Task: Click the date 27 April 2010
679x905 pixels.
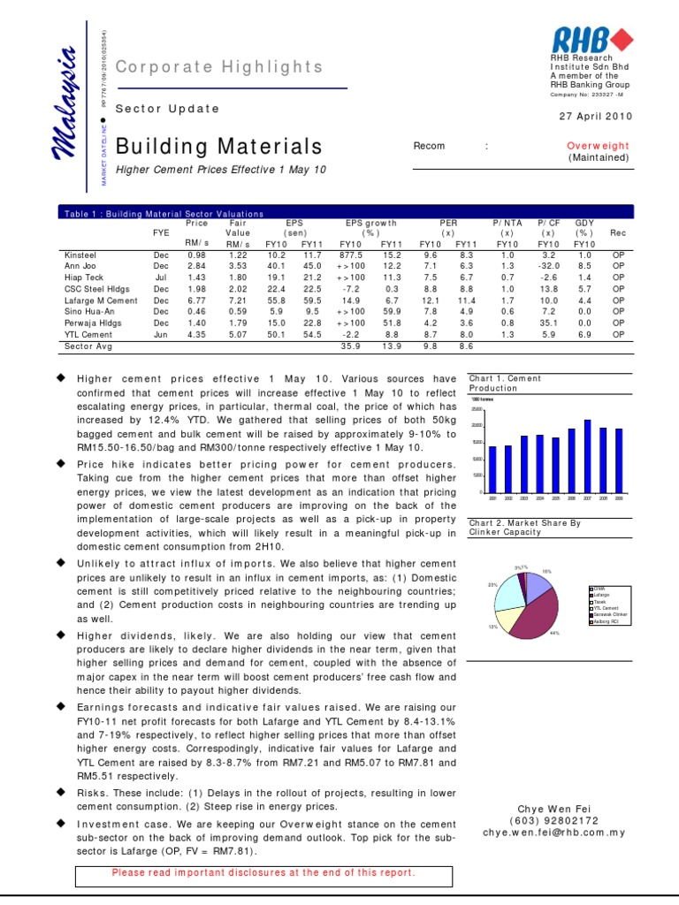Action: click(x=597, y=117)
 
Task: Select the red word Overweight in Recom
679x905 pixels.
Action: click(x=598, y=146)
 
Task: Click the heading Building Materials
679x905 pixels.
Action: click(x=219, y=146)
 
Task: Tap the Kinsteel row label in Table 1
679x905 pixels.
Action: click(x=81, y=255)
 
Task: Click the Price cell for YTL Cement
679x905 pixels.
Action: click(x=196, y=335)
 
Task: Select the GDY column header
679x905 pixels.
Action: click(x=584, y=224)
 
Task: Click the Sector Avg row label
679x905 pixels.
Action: click(x=88, y=346)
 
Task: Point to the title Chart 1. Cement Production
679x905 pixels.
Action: click(x=505, y=383)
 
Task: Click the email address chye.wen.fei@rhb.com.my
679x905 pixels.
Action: click(x=554, y=832)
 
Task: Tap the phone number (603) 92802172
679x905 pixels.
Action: click(x=554, y=820)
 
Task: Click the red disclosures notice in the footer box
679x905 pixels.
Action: click(x=263, y=872)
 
